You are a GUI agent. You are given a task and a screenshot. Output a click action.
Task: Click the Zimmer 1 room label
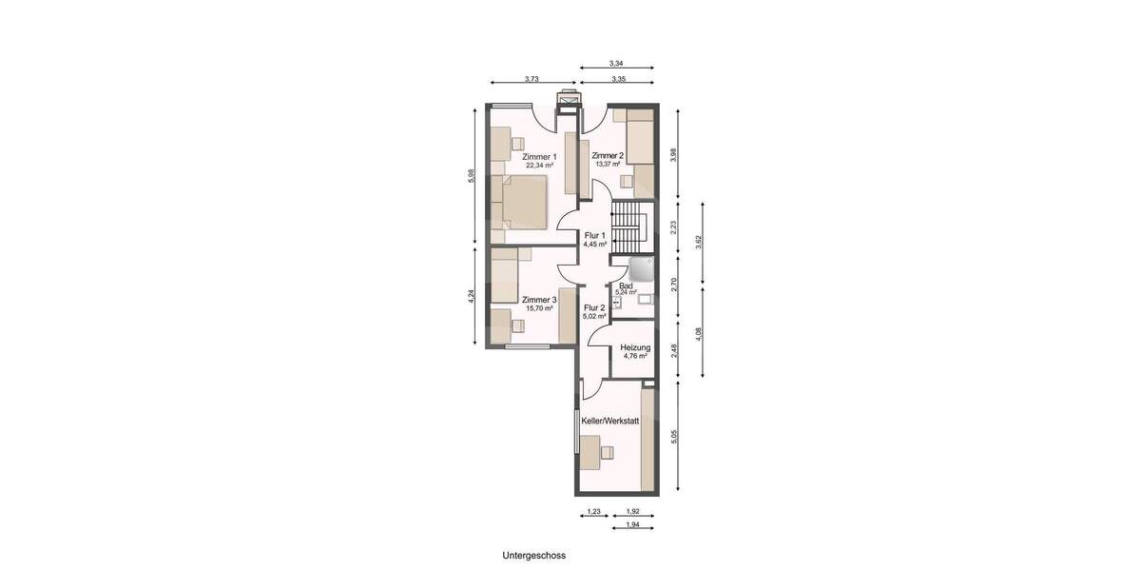pos(540,156)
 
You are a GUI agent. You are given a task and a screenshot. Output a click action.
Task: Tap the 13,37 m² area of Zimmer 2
pos(608,164)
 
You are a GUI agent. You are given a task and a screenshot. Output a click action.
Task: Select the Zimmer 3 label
pos(538,300)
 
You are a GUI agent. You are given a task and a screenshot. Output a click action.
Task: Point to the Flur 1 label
pos(595,235)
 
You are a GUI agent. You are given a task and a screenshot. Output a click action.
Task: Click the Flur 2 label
pos(595,307)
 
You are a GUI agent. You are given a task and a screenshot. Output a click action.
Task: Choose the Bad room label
pos(626,285)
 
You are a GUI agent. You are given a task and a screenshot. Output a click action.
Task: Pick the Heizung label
pos(634,347)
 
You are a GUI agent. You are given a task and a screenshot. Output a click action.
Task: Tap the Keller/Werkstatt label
pos(610,420)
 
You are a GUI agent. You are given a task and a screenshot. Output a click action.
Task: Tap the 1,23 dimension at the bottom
pos(594,512)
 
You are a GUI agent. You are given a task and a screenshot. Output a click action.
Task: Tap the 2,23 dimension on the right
pos(674,227)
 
